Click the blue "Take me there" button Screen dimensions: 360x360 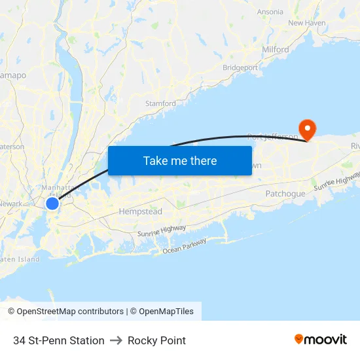click(x=180, y=160)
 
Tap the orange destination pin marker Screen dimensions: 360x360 click(x=306, y=127)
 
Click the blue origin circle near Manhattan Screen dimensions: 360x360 click(x=52, y=204)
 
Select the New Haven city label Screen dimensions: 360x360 click(x=306, y=23)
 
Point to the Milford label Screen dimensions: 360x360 click(x=275, y=50)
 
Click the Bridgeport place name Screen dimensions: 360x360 click(x=240, y=67)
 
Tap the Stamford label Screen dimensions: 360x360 click(x=160, y=103)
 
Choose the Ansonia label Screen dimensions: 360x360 click(x=270, y=12)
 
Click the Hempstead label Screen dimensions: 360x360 click(x=140, y=212)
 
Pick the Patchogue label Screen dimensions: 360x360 click(x=285, y=194)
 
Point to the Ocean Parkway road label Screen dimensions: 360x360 click(x=185, y=246)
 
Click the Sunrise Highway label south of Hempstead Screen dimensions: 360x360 click(x=162, y=230)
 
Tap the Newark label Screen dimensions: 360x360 click(x=10, y=204)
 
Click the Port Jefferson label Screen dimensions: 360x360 click(x=272, y=137)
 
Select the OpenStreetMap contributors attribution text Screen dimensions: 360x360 click(x=65, y=312)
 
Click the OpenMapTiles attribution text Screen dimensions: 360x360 click(x=166, y=312)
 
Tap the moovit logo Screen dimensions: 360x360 click(x=321, y=340)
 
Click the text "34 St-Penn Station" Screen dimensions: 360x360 click(x=59, y=340)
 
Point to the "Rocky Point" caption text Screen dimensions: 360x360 click(x=157, y=340)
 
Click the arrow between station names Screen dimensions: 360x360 click(x=116, y=340)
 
